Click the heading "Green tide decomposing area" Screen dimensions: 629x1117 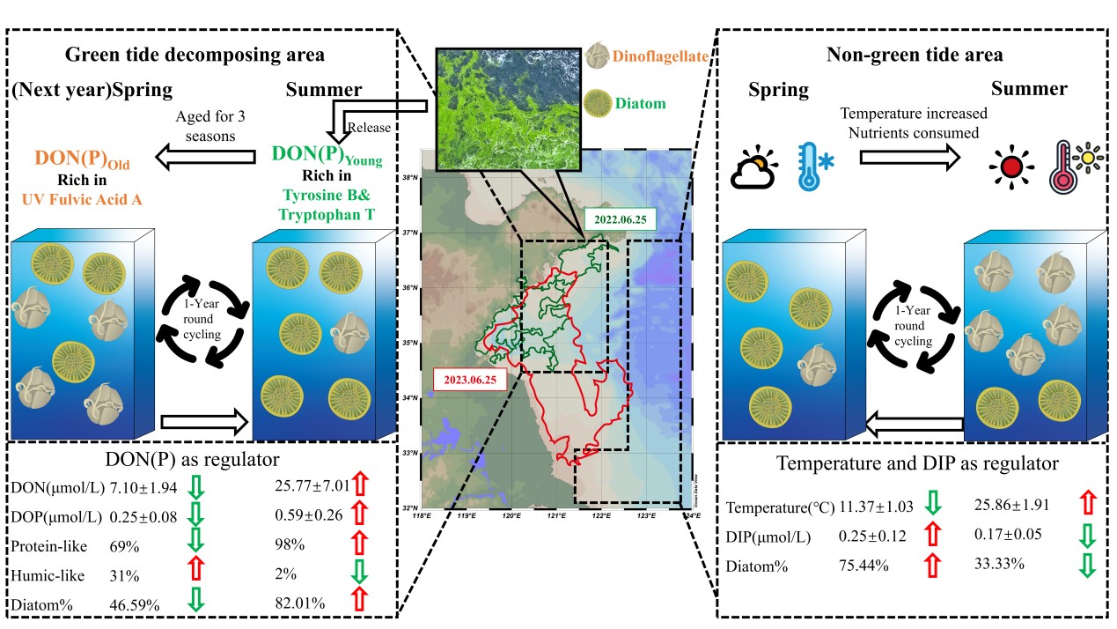coord(195,55)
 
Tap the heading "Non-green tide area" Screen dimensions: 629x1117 coord(915,55)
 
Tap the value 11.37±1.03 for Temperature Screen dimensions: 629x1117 coord(876,507)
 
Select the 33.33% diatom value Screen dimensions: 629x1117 coord(999,564)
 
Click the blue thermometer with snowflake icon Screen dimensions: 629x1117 coord(815,164)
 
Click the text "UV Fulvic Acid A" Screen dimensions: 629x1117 coord(81,200)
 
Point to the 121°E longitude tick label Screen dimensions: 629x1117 coord(556,516)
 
